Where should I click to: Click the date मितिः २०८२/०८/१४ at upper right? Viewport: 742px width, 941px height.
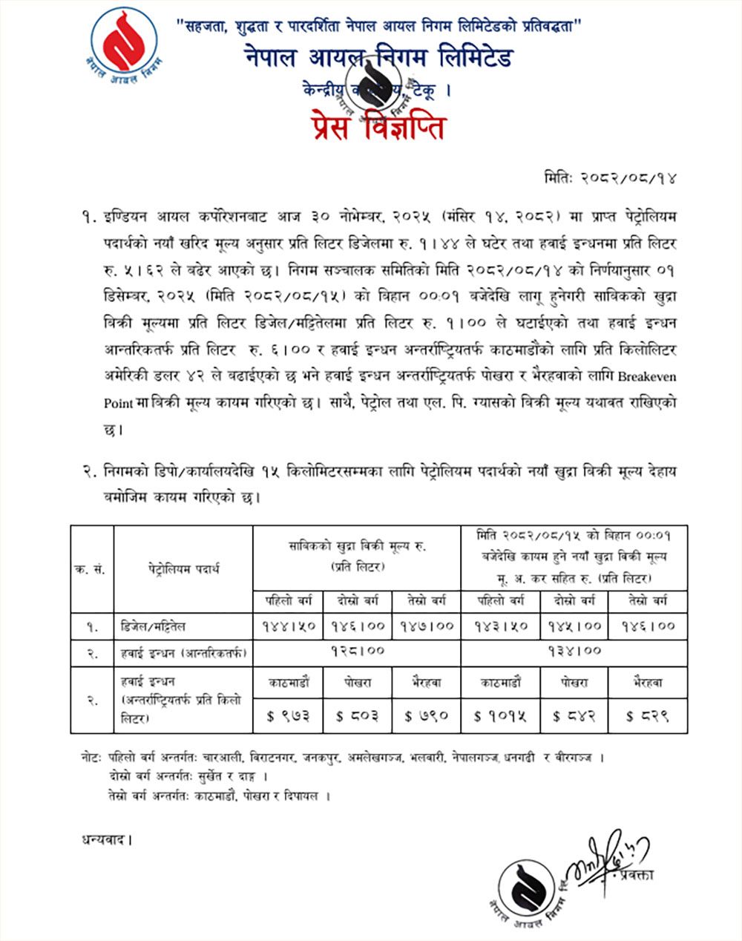pos(609,178)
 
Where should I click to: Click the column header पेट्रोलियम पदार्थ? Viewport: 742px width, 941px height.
pos(183,569)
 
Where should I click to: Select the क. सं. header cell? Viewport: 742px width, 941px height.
pos(91,569)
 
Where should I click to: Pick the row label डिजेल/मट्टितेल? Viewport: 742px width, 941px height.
pos(160,626)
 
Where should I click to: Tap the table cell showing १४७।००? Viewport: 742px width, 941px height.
pos(427,626)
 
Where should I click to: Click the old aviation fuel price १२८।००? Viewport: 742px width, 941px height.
pos(357,651)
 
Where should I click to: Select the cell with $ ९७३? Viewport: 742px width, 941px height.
pos(287,715)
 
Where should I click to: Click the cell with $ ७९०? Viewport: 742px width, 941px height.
pos(427,715)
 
